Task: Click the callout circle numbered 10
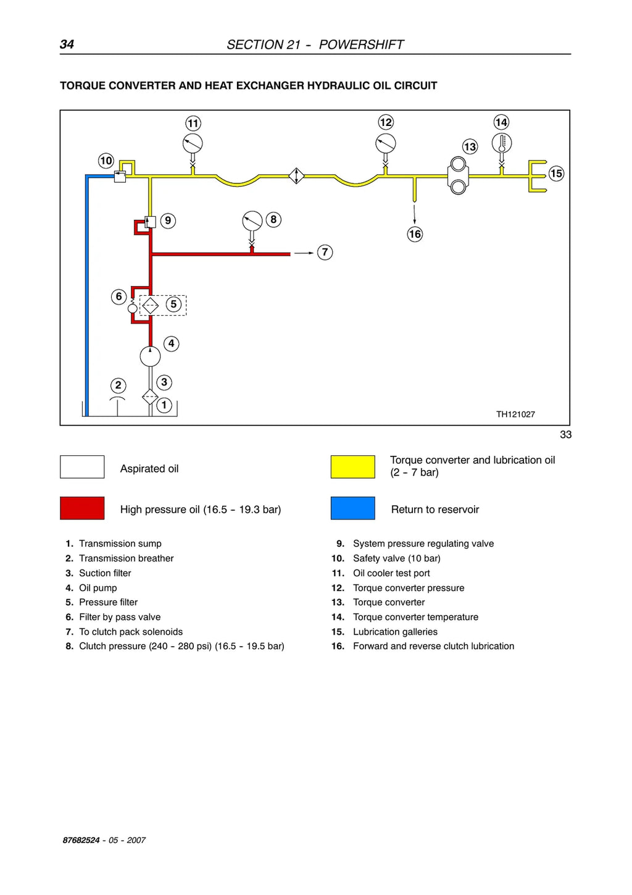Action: pos(106,161)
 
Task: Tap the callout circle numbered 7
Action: pos(325,252)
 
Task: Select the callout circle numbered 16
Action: pos(415,234)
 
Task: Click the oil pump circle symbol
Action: pos(150,356)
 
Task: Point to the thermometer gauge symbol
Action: pos(502,143)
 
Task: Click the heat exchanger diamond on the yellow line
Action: pos(296,176)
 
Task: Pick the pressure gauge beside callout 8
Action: pos(252,221)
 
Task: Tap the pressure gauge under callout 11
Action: pos(193,143)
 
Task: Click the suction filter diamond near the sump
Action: pos(150,397)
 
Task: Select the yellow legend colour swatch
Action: pos(353,467)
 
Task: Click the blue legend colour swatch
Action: pos(353,508)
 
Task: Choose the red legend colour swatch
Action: pos(82,508)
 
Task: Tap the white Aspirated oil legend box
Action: pos(82,467)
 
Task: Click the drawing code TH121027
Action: pos(515,414)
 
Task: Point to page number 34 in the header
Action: pos(67,44)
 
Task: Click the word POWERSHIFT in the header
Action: pos(361,44)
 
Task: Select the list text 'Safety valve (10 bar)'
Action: pos(396,558)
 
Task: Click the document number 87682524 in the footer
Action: pos(81,840)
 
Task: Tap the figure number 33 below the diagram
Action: pos(566,435)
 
